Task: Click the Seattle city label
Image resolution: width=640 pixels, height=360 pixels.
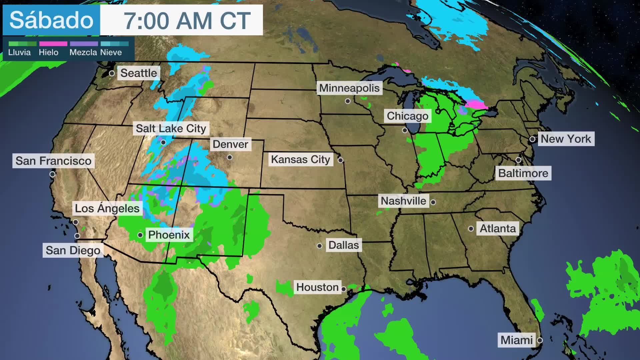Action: click(x=138, y=73)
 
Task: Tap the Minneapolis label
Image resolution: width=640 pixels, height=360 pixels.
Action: click(x=349, y=88)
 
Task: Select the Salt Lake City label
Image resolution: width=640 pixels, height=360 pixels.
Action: click(x=171, y=128)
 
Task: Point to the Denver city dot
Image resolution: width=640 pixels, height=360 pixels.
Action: click(x=230, y=157)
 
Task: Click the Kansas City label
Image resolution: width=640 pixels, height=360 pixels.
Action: click(x=300, y=160)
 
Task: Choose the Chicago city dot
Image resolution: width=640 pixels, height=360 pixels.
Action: click(x=405, y=130)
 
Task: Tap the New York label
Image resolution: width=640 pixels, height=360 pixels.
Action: click(x=566, y=139)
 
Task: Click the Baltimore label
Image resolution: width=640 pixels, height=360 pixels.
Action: click(x=523, y=173)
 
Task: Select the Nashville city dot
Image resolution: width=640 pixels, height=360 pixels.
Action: click(x=433, y=202)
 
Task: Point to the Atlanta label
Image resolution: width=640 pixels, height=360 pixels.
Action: click(x=498, y=229)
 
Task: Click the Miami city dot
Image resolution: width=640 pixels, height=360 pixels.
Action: click(x=540, y=340)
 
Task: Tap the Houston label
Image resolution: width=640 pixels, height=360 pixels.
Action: click(x=317, y=287)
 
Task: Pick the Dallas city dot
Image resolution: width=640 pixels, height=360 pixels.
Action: click(x=319, y=246)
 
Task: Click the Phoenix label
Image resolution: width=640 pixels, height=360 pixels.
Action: click(x=169, y=235)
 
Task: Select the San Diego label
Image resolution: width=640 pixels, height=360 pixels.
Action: click(x=73, y=250)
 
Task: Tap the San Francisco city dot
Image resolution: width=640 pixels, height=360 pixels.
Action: click(x=52, y=174)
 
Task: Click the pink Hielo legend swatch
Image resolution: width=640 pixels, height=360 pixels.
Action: click(x=53, y=44)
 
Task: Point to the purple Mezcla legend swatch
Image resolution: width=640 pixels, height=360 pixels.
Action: click(x=84, y=44)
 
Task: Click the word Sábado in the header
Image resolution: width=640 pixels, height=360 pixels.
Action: click(x=51, y=20)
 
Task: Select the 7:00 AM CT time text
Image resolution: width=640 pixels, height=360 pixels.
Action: click(x=187, y=21)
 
